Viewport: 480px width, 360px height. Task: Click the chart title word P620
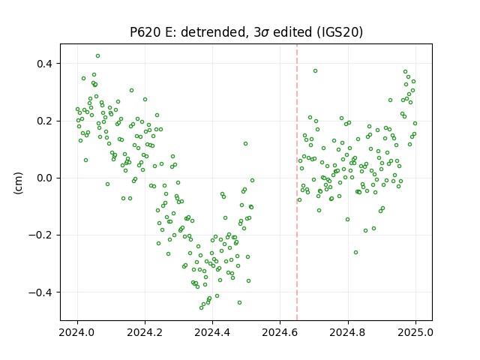coord(145,32)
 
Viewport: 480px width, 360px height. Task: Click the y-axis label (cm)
coord(18,183)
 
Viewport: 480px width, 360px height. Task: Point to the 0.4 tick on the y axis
coord(45,64)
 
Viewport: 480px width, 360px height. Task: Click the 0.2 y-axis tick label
coord(45,121)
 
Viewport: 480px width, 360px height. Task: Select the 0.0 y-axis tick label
coord(45,178)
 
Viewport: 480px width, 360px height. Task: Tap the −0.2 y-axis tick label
coord(40,235)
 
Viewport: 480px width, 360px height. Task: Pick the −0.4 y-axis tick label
coord(40,292)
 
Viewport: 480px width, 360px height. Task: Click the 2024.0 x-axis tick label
coord(77,332)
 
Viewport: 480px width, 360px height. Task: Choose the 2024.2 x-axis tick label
coord(145,332)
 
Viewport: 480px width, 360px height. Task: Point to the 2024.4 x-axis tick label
coord(212,332)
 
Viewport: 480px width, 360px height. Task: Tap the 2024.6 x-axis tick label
coord(280,332)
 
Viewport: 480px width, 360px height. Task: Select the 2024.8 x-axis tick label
coord(348,332)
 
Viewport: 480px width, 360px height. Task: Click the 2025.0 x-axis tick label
coord(415,332)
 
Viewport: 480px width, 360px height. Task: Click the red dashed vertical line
coord(297,182)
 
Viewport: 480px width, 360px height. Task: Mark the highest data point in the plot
coord(97,56)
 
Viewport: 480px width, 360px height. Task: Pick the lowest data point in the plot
coord(202,307)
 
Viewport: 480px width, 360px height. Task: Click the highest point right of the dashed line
coord(315,71)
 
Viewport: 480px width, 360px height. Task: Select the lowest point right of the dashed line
coord(355,253)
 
